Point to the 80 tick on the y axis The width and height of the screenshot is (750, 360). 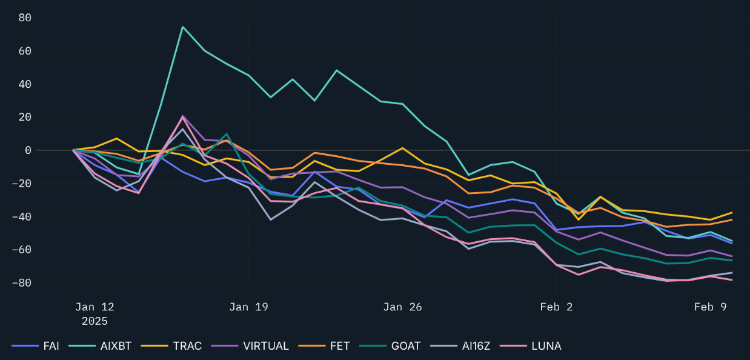[x=25, y=18]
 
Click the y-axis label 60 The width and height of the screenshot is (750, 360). [x=25, y=51]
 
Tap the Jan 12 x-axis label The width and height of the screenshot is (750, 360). [x=95, y=307]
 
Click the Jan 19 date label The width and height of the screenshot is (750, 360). [x=248, y=307]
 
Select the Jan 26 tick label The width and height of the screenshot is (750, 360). [x=402, y=307]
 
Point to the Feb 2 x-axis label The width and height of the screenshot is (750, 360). [x=556, y=307]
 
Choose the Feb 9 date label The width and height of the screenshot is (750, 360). [x=710, y=307]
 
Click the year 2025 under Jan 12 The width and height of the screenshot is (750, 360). [x=95, y=321]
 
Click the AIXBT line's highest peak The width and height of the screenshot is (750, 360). [x=182, y=27]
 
